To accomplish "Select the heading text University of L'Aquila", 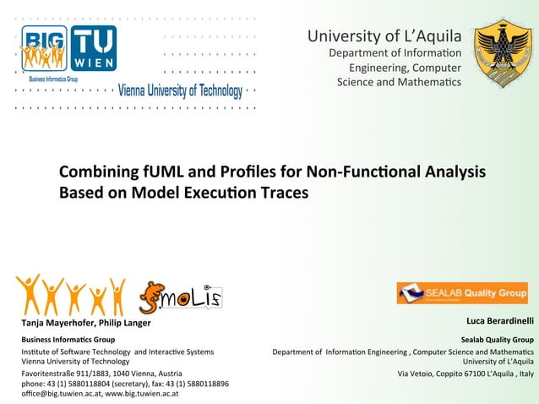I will (384, 35).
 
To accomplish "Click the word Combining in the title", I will (95, 172).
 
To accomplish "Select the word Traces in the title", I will (282, 193).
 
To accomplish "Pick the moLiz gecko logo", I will (179, 298).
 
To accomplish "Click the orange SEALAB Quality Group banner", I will (462, 292).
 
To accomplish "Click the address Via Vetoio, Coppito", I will (444, 373).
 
